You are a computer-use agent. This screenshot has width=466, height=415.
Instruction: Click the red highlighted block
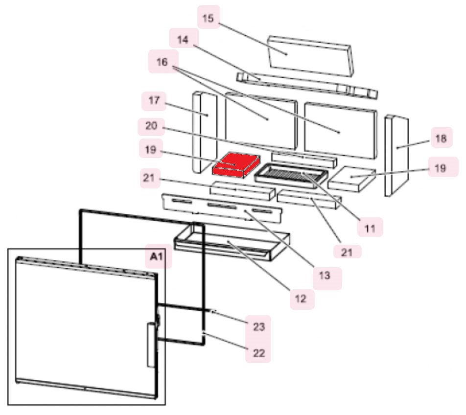pos(235,165)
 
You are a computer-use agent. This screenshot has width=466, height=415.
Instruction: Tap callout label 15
pos(209,18)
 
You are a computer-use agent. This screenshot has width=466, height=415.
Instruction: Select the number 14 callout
pos(183,39)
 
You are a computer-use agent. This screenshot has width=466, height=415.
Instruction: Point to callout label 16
pos(163,62)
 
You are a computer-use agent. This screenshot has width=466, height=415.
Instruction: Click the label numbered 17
pos(154,100)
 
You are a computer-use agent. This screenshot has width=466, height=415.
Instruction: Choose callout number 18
pos(441,138)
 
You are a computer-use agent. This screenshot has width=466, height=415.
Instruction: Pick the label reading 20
pos(151,126)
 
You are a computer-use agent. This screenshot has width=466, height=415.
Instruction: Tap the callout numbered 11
pos(370,228)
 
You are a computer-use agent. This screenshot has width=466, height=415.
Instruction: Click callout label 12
pos(301,298)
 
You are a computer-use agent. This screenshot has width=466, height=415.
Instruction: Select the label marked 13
pos(325,276)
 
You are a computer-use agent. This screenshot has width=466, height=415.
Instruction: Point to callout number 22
pos(258,353)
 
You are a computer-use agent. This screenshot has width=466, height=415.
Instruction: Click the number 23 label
pos(258,326)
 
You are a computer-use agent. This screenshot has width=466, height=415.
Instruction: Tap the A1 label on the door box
pos(157,256)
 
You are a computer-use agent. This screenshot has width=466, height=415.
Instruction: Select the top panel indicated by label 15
pos(310,56)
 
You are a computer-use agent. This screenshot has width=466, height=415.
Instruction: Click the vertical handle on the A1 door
pos(151,346)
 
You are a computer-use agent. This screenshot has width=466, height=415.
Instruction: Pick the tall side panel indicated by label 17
pos(205,132)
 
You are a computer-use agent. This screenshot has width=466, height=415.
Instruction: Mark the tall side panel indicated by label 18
pos(396,156)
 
